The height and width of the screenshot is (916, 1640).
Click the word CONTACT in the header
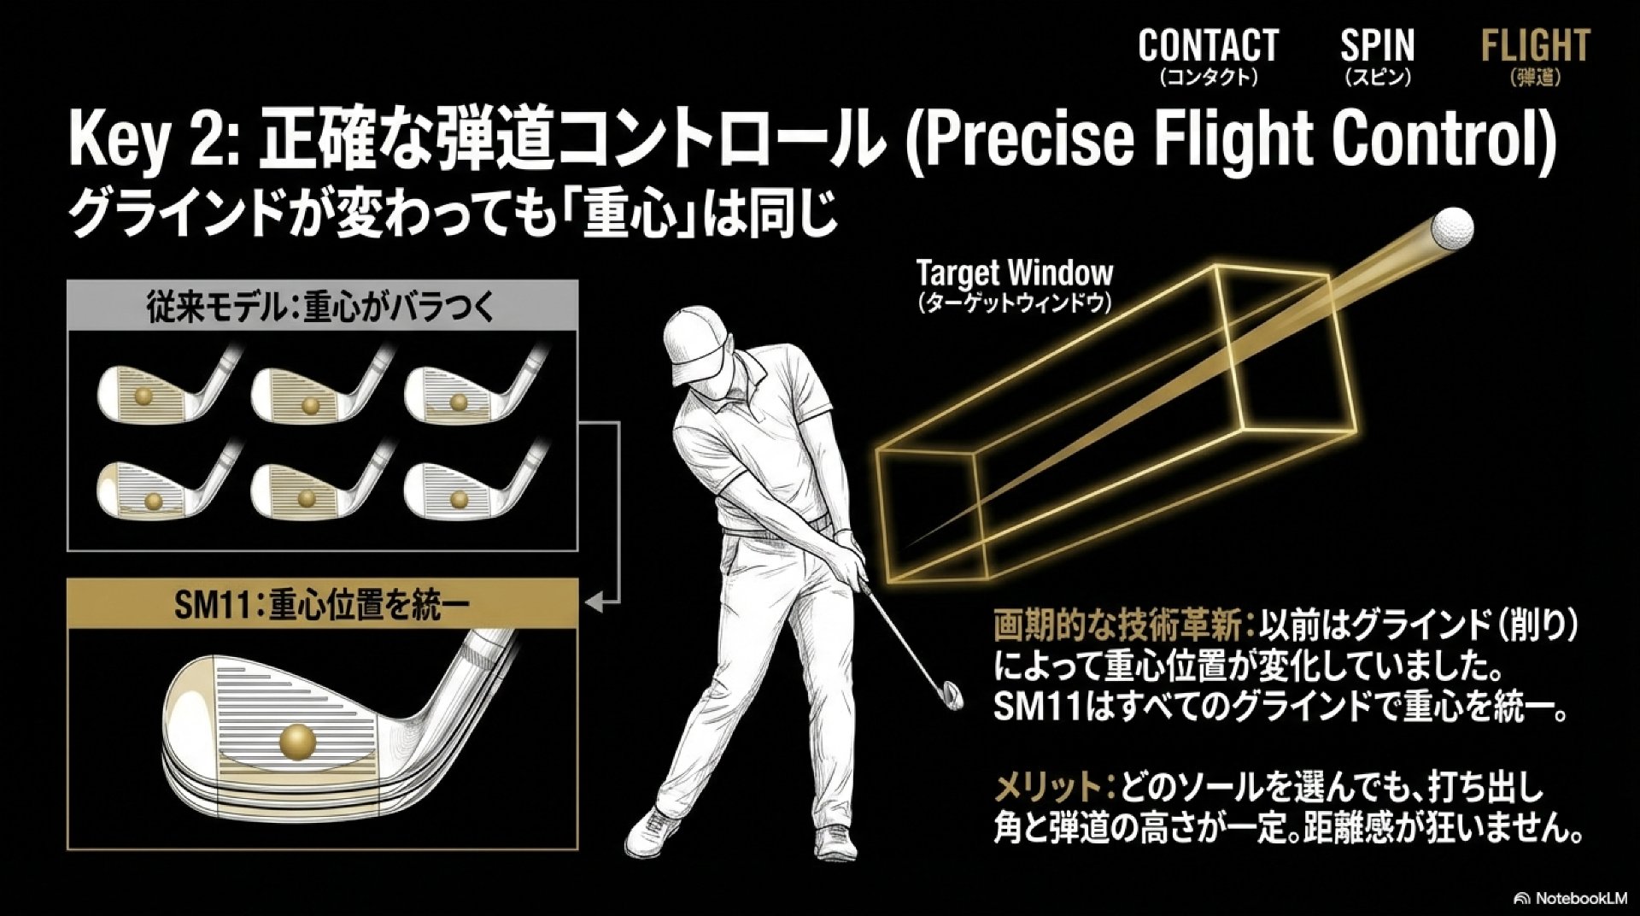pyautogui.click(x=1208, y=46)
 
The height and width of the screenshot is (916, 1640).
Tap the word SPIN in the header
pyautogui.click(x=1377, y=46)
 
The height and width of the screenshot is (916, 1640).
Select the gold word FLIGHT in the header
pyautogui.click(x=1535, y=46)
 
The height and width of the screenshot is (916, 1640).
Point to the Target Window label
pyautogui.click(x=1014, y=274)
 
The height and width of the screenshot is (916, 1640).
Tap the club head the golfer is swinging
pyautogui.click(x=949, y=694)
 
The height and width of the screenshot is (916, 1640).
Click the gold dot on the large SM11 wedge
pyautogui.click(x=297, y=741)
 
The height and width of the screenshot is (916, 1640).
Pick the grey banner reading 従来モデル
pyautogui.click(x=322, y=306)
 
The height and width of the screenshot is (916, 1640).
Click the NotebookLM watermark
pyautogui.click(x=1570, y=898)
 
